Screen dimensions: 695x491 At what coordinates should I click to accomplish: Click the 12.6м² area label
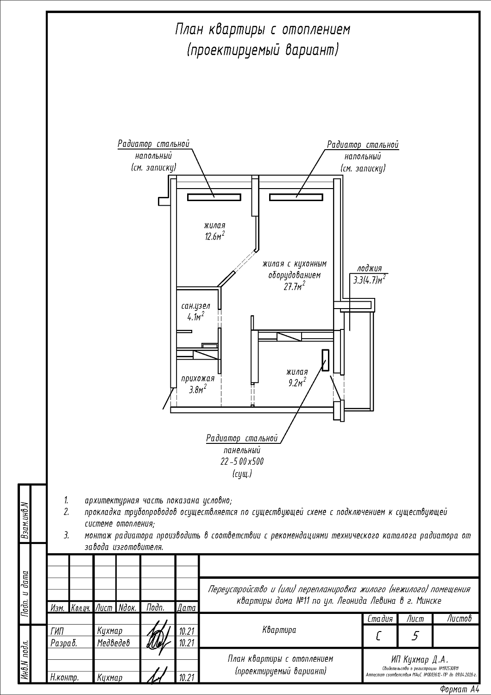coord(214,237)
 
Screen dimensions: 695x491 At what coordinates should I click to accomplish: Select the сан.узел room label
coord(195,306)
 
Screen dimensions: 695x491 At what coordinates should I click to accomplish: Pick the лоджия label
coord(369,269)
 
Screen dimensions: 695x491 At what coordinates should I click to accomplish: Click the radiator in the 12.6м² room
coord(214,197)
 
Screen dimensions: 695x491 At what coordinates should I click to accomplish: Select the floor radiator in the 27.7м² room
coord(296,197)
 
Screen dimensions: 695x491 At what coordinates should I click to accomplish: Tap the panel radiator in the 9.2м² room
coord(326,360)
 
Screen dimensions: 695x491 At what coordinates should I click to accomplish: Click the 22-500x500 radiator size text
coord(242,462)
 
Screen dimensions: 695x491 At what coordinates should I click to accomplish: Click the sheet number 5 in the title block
coord(415,636)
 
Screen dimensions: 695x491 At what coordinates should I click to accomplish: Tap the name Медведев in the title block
coord(113,643)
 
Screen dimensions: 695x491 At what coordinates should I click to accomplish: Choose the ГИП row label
coord(56,631)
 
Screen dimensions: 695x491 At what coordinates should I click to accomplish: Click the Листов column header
coord(460,619)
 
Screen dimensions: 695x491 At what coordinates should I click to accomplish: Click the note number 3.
coord(66,536)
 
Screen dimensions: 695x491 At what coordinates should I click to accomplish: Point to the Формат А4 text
coord(459,689)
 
